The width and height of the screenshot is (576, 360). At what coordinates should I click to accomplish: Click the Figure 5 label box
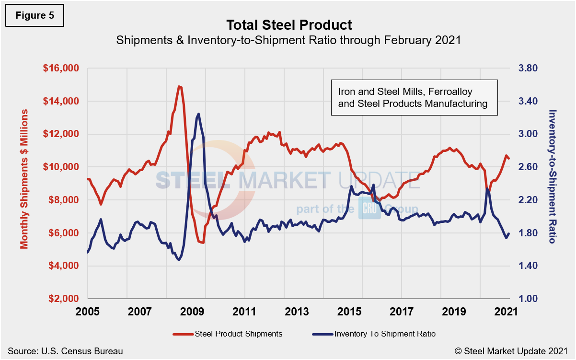[35, 15]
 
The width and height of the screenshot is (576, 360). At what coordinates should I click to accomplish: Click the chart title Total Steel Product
[289, 25]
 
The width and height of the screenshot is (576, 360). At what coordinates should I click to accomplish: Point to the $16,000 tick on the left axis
[60, 69]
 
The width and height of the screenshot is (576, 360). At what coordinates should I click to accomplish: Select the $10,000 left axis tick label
[60, 167]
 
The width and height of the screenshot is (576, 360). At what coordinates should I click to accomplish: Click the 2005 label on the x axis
[88, 311]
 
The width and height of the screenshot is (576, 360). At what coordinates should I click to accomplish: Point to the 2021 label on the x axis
[505, 311]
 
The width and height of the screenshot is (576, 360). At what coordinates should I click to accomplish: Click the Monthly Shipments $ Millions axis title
[24, 179]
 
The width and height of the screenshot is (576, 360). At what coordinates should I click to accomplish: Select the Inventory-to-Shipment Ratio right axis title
[552, 176]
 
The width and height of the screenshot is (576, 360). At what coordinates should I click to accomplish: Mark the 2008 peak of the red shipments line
[179, 86]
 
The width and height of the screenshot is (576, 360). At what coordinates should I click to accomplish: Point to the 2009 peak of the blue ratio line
[198, 114]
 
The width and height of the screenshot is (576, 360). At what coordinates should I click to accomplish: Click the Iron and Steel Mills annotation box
[414, 97]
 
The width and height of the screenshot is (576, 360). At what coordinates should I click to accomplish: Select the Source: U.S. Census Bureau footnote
[65, 351]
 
